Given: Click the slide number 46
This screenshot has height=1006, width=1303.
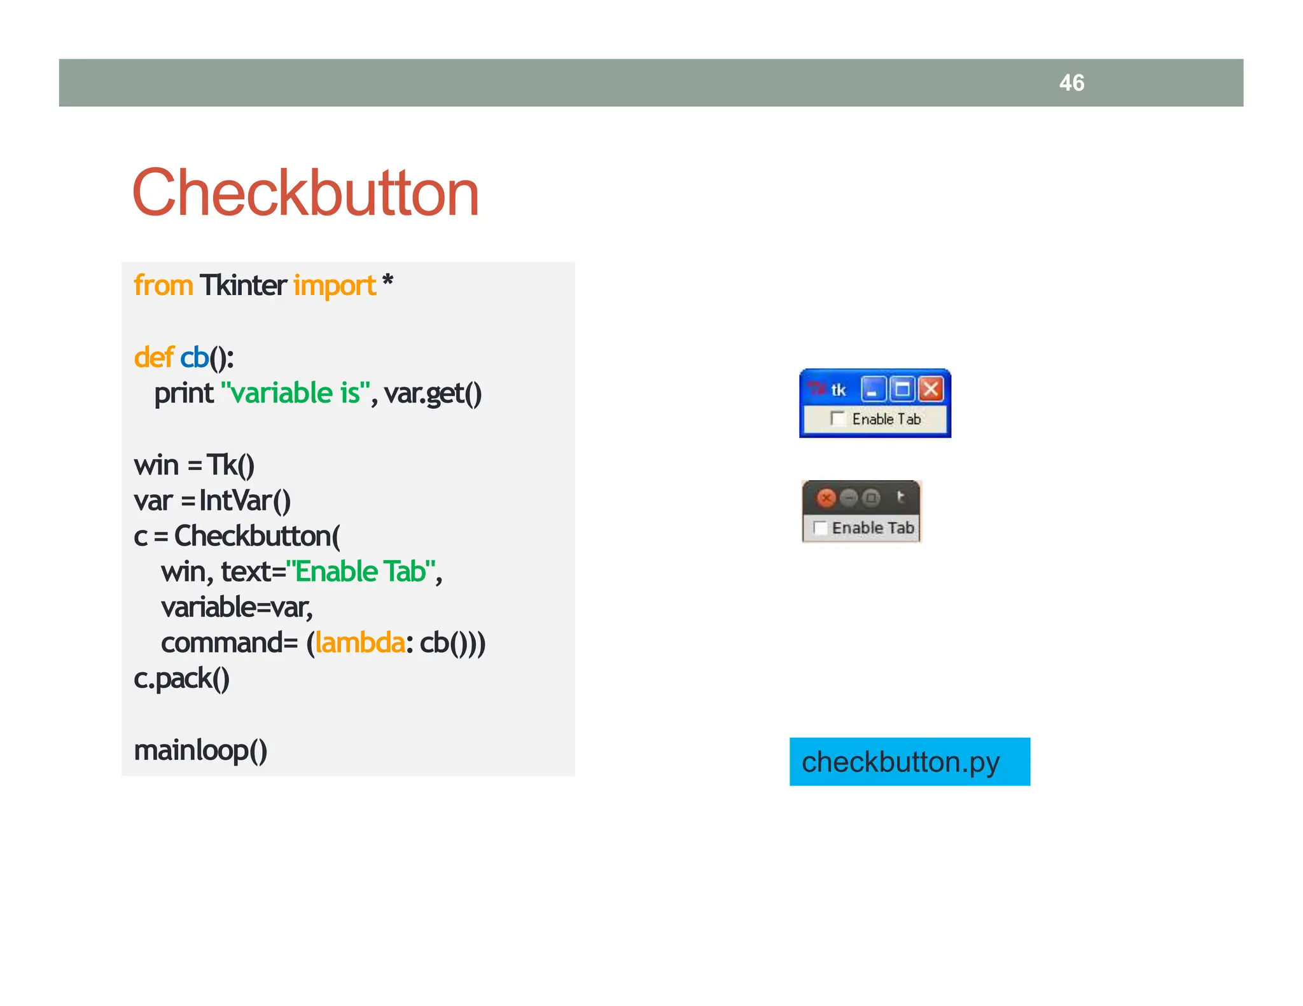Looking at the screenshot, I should (1071, 83).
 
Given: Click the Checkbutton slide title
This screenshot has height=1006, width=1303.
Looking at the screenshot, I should (305, 193).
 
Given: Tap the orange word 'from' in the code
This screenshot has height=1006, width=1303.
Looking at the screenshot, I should (163, 286).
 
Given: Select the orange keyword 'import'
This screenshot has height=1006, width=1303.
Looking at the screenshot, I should (335, 286).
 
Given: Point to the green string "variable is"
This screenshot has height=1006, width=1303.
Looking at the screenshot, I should (295, 393).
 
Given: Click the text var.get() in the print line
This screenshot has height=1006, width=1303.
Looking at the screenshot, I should (433, 393).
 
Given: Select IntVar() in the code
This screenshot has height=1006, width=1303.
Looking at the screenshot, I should (245, 500).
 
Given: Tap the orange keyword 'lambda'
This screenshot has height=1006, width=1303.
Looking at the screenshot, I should (359, 643).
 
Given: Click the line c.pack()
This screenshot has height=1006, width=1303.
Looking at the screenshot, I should (181, 679).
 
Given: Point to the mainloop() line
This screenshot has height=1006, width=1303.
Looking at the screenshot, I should (200, 750).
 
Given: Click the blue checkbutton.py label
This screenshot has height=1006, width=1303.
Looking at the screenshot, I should (909, 762).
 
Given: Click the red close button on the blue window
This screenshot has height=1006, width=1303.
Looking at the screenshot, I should (931, 389).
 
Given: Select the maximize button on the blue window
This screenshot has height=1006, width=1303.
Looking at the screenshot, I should (902, 389).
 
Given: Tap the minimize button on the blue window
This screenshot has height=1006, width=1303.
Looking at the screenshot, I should (873, 389).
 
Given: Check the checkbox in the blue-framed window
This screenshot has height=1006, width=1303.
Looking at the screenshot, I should (837, 418).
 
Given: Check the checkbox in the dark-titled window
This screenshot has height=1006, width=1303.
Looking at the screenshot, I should (820, 528).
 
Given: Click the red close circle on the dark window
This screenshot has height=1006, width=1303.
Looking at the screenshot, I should (826, 498).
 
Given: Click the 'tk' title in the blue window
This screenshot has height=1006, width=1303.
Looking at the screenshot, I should (839, 390).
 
